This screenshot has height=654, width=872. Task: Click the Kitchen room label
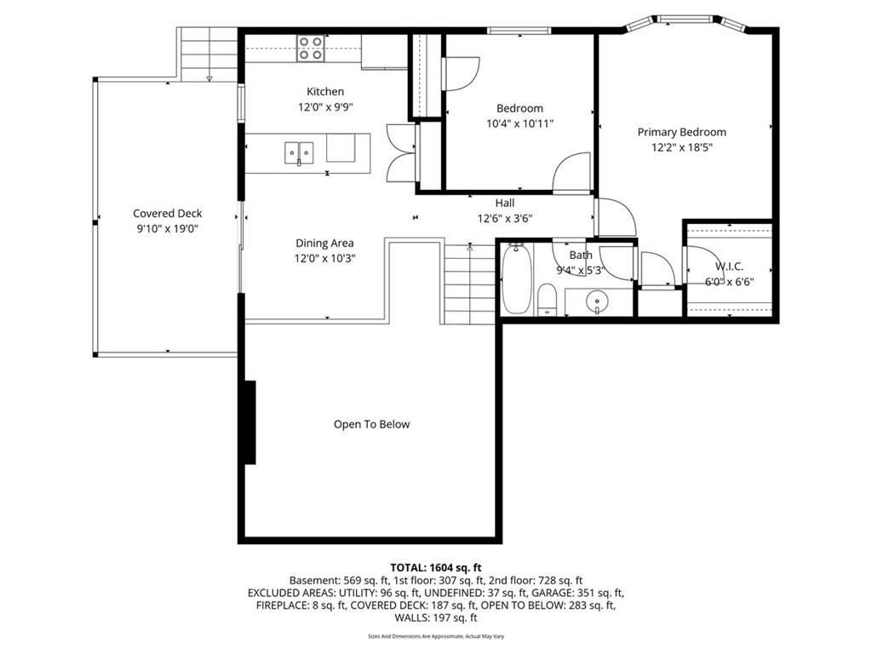point(325,92)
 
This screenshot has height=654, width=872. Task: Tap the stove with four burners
point(310,48)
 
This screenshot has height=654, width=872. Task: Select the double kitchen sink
point(299,153)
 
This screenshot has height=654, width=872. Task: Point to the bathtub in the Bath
point(517,278)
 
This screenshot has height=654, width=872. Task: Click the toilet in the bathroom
point(548,299)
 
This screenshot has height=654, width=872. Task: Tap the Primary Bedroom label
point(682,132)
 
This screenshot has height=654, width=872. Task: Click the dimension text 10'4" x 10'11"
point(520,123)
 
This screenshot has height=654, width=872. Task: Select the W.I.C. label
point(729,267)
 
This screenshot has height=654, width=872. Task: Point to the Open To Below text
point(371,424)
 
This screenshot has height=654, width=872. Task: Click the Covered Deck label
point(168,214)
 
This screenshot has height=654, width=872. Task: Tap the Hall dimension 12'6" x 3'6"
point(505,219)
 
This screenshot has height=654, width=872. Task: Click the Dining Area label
point(324,243)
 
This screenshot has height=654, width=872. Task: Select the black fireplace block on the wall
point(250,422)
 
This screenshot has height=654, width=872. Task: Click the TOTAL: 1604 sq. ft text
point(436,568)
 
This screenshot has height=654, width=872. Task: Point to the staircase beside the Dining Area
point(469,284)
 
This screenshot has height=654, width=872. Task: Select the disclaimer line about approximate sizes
point(436,636)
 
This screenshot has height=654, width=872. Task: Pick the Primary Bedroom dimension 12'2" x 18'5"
point(682,147)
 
